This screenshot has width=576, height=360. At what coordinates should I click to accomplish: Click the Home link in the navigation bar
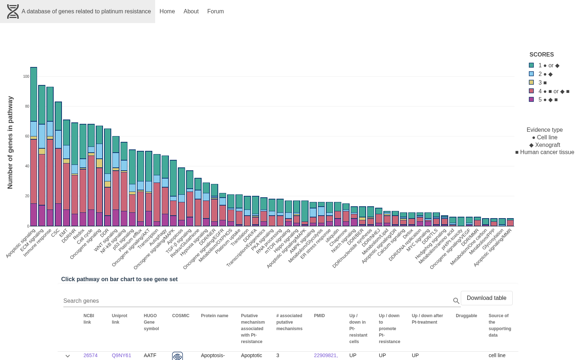point(167,11)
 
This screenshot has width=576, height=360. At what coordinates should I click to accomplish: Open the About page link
point(191,11)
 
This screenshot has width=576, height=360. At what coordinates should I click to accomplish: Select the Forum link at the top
point(216,11)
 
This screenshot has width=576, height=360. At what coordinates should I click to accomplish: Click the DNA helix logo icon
point(13,12)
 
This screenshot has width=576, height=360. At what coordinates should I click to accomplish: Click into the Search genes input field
point(257,301)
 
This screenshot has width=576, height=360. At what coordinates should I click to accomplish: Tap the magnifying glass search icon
point(456,301)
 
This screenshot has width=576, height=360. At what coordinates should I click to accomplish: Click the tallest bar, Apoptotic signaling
point(34,147)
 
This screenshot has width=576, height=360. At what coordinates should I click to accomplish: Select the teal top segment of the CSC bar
point(58,116)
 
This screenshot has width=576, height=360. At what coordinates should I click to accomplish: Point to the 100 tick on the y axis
point(26,76)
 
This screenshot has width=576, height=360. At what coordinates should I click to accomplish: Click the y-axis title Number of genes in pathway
point(10,143)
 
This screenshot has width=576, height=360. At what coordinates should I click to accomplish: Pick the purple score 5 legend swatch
point(531,99)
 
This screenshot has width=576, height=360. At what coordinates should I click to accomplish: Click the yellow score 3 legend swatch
point(531,82)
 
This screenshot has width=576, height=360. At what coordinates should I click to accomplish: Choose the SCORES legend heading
point(541,54)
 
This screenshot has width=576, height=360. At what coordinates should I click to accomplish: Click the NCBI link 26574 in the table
point(90,355)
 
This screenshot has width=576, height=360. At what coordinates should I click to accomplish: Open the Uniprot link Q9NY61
point(121,355)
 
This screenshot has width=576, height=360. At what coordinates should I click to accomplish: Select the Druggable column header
point(466,315)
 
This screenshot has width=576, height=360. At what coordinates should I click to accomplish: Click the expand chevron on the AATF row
point(68,356)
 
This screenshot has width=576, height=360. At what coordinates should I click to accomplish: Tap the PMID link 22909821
point(326,355)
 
